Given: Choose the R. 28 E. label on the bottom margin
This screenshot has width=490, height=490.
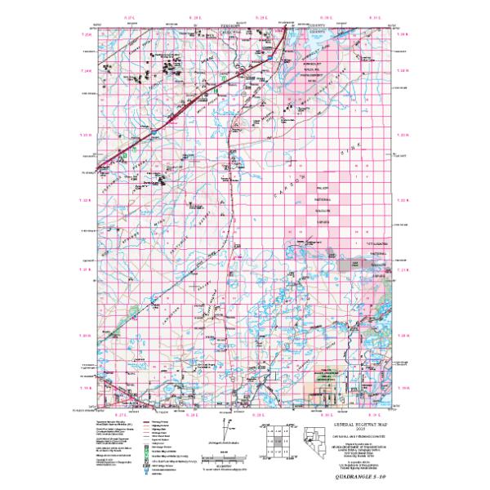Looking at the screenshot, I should point(194,416).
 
